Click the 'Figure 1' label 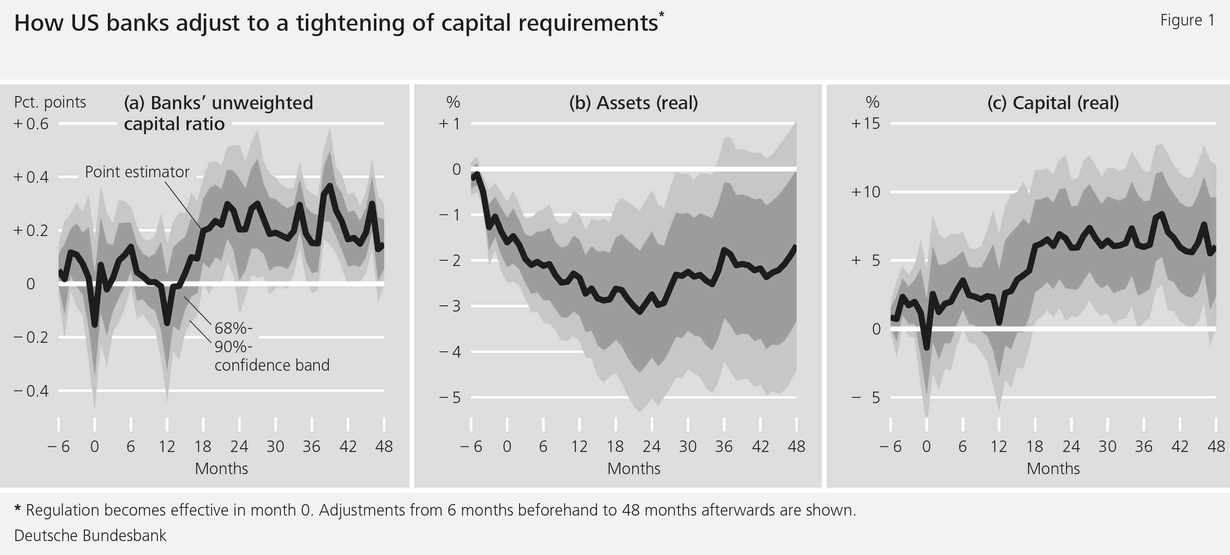(x=1187, y=21)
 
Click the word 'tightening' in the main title (x=351, y=23)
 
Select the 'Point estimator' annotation (x=137, y=172)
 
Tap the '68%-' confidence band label (x=233, y=328)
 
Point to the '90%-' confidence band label (x=233, y=346)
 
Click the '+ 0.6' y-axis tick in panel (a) (x=31, y=124)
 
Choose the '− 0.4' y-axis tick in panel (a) (x=31, y=392)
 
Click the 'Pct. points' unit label (x=50, y=102)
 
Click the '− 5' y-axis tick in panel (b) (x=450, y=398)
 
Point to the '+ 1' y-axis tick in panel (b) (x=450, y=124)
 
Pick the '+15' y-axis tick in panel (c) (x=865, y=124)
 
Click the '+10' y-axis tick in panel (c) (x=865, y=192)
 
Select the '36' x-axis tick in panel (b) (x=724, y=447)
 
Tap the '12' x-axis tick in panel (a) (x=166, y=447)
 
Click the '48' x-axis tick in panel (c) (x=1216, y=447)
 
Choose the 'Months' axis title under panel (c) (x=1053, y=469)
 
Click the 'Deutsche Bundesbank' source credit (x=90, y=536)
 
